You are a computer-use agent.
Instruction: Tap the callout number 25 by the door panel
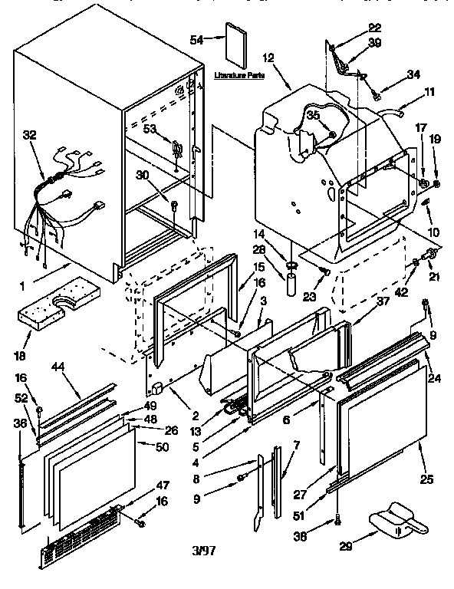coord(426,480)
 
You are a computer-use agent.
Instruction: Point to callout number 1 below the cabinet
coord(22,287)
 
